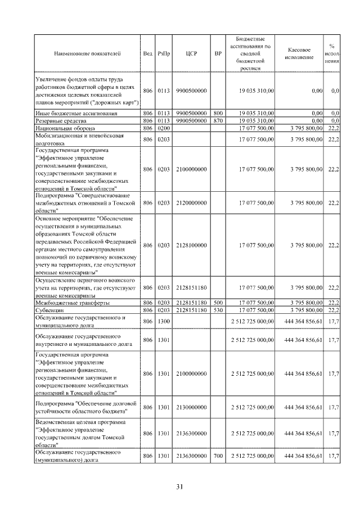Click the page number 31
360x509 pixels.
click(x=180, y=486)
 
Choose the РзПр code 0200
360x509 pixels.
click(x=164, y=128)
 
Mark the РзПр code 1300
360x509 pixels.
click(x=164, y=321)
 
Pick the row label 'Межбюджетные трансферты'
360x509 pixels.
click(x=69, y=303)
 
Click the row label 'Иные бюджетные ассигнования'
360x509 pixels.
click(x=76, y=114)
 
